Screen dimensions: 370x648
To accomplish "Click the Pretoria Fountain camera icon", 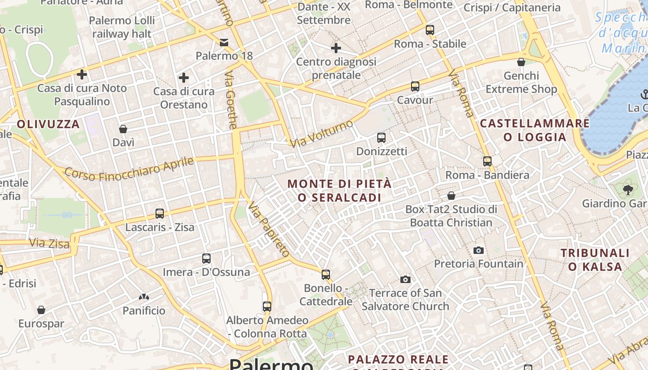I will pyautogui.click(x=479, y=251).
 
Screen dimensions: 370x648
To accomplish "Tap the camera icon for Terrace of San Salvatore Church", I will pyautogui.click(x=405, y=279).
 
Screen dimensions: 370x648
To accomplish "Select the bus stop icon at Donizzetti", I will pyautogui.click(x=381, y=138).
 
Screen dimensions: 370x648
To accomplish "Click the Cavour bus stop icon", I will pyautogui.click(x=415, y=86).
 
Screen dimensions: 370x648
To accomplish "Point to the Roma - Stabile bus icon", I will pyautogui.click(x=430, y=30).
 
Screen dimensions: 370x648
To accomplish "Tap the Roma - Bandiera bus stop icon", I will pyautogui.click(x=487, y=161).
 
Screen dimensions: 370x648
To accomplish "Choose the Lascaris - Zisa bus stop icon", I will pyautogui.click(x=160, y=214).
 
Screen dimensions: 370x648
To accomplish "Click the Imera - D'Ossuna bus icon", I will pyautogui.click(x=206, y=259).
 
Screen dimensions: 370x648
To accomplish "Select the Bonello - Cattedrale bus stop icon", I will pyautogui.click(x=326, y=275).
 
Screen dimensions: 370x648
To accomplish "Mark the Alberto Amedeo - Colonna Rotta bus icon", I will pyautogui.click(x=267, y=306).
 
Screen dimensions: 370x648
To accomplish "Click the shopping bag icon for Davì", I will pyautogui.click(x=123, y=129).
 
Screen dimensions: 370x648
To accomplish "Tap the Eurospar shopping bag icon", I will pyautogui.click(x=41, y=310).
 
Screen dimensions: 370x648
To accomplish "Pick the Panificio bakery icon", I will pyautogui.click(x=144, y=296).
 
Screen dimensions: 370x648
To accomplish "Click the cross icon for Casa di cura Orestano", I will pyautogui.click(x=184, y=77).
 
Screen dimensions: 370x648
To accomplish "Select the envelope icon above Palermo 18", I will pyautogui.click(x=224, y=43).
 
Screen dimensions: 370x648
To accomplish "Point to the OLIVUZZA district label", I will pyautogui.click(x=49, y=124).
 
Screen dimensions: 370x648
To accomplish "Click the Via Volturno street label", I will pyautogui.click(x=321, y=134).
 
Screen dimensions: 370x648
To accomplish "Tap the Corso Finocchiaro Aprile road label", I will pyautogui.click(x=129, y=169).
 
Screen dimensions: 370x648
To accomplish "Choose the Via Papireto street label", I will pyautogui.click(x=269, y=229).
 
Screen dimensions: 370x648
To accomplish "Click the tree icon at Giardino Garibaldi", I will pyautogui.click(x=628, y=190).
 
